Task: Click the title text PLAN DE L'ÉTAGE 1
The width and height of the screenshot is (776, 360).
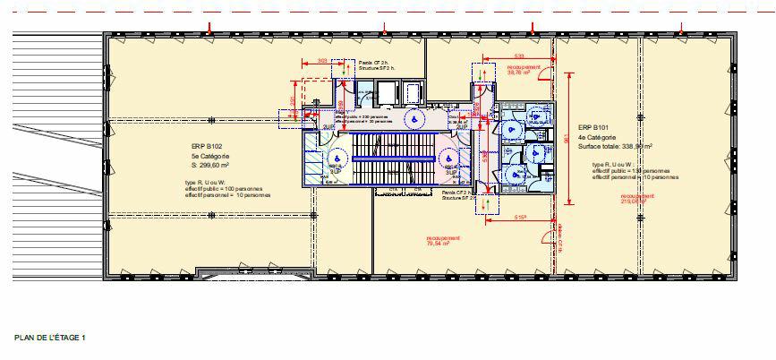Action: (49, 338)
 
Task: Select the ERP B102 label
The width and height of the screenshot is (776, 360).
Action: (208, 146)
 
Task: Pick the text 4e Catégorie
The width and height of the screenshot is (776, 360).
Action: (597, 138)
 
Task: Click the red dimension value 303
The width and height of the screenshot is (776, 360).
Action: (321, 61)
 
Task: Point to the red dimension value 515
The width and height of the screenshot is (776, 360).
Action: (519, 218)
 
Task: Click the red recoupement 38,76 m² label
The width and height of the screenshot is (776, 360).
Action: (524, 70)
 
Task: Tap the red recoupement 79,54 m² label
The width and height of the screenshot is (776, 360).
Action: (443, 240)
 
